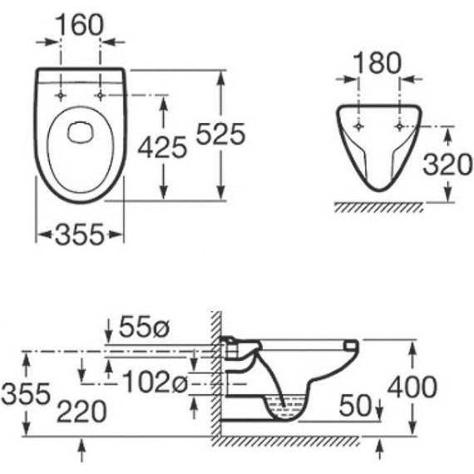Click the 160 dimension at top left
click(80, 26)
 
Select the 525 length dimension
click(220, 134)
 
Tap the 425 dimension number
click(162, 147)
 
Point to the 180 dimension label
click(377, 63)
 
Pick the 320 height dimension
click(447, 165)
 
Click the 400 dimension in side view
click(412, 387)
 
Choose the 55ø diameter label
click(144, 327)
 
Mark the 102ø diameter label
click(156, 382)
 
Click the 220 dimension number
click(81, 412)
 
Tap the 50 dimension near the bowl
click(355, 405)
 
